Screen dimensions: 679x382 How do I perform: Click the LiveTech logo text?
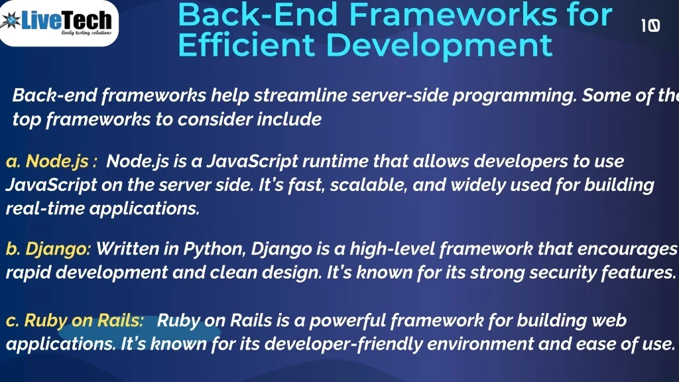67,20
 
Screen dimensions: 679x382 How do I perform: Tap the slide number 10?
650,26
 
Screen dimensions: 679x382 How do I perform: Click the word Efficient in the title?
246,44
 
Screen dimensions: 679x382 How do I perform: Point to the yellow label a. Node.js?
52,161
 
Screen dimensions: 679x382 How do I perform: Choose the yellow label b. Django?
48,249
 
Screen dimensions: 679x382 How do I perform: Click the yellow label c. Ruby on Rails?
74,320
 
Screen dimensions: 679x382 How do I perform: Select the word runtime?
335,161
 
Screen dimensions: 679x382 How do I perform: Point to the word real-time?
45,209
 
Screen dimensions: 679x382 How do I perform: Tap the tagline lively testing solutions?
86,32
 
